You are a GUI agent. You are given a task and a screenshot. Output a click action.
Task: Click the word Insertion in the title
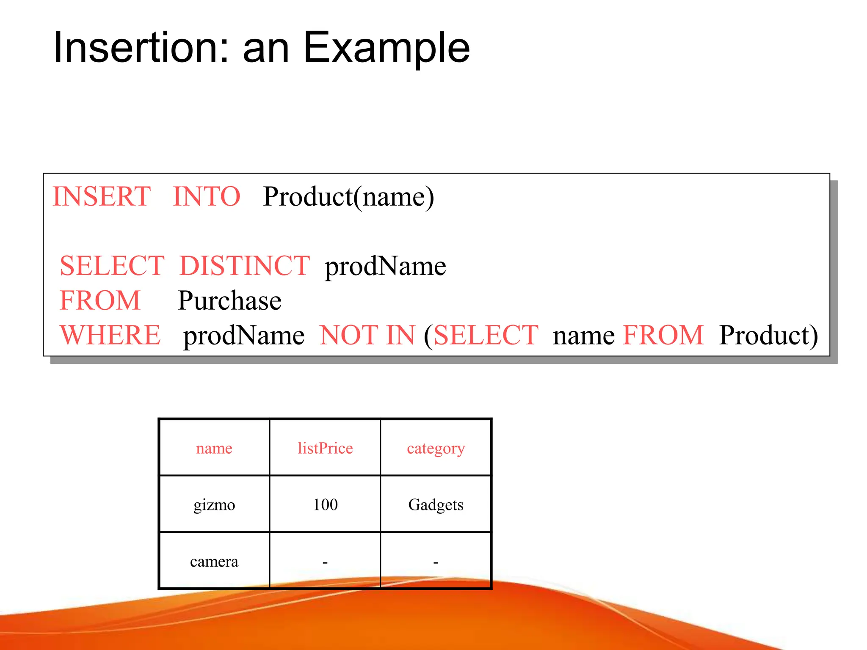136,47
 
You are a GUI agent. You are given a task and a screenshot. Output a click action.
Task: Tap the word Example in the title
387,47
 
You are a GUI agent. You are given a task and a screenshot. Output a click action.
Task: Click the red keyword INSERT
102,196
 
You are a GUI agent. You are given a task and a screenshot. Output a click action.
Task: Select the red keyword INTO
207,196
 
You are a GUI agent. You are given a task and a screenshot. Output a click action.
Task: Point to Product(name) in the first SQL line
348,197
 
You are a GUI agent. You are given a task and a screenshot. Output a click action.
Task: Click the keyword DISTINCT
245,266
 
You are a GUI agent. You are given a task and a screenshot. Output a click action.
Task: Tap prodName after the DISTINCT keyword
385,266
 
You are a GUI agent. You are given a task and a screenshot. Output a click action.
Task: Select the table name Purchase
229,301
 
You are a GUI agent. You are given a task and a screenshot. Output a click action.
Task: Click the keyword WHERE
110,335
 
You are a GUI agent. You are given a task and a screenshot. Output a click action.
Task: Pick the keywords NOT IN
367,335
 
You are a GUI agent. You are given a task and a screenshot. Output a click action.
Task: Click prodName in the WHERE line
243,336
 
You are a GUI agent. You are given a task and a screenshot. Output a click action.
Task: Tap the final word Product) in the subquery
768,336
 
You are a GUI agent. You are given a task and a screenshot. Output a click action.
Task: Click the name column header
214,448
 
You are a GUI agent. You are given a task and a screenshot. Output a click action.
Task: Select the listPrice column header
325,448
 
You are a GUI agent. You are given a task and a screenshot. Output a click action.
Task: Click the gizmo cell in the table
214,505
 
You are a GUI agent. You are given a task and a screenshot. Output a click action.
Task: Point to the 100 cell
325,504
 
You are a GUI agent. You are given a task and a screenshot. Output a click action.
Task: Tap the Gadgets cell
436,505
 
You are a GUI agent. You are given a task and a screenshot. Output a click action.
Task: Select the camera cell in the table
214,562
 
